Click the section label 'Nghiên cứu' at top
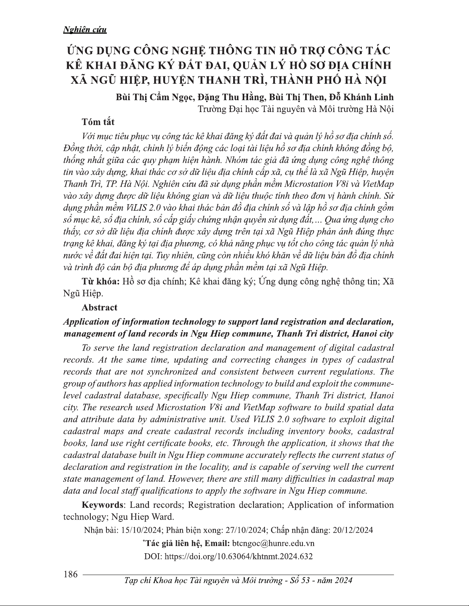point(85,30)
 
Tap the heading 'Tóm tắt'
point(98,122)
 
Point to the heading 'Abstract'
point(100,307)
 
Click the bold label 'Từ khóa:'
point(101,282)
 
